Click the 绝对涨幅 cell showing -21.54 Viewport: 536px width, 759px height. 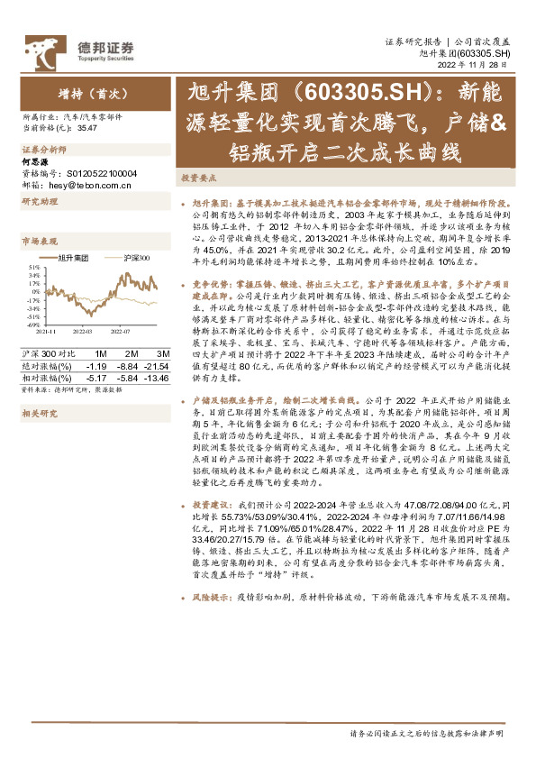[158, 366]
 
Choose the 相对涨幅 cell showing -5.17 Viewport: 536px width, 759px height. [96, 378]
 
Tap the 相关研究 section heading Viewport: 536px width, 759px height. [38, 414]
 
